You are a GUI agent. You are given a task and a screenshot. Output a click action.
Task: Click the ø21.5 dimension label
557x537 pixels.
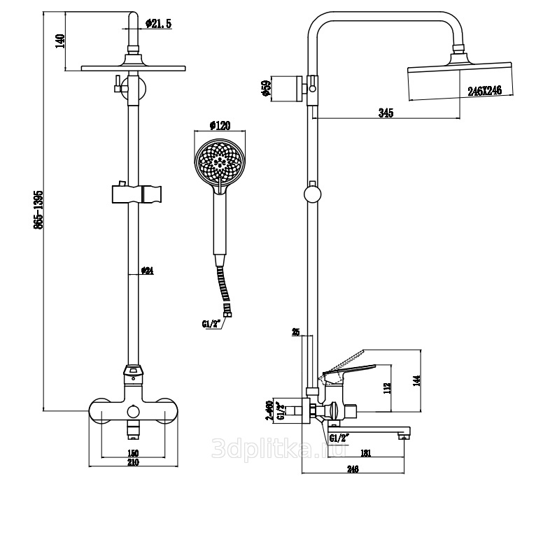click(x=159, y=24)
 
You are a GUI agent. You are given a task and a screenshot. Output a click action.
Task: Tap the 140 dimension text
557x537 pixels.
click(x=61, y=41)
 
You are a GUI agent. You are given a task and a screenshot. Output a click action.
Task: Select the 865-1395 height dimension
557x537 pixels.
click(x=38, y=209)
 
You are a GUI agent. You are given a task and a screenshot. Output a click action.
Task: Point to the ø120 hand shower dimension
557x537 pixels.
click(x=220, y=126)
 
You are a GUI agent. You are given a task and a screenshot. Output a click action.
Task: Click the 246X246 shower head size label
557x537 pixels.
click(x=486, y=90)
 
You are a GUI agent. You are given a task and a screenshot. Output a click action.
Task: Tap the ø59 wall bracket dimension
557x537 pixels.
click(x=266, y=88)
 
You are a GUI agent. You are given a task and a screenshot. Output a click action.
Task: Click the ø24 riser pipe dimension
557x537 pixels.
click(x=147, y=271)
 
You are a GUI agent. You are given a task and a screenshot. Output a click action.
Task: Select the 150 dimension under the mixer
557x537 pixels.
click(x=133, y=452)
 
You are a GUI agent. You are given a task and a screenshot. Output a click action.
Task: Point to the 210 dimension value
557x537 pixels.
click(x=133, y=462)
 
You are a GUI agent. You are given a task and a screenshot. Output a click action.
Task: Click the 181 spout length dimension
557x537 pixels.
click(x=365, y=453)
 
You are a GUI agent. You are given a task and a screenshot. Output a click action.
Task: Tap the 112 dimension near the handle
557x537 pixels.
click(x=389, y=388)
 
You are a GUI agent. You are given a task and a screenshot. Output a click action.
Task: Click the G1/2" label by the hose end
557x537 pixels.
click(x=211, y=323)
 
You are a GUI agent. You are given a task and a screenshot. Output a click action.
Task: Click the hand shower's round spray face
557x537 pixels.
click(x=220, y=159)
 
